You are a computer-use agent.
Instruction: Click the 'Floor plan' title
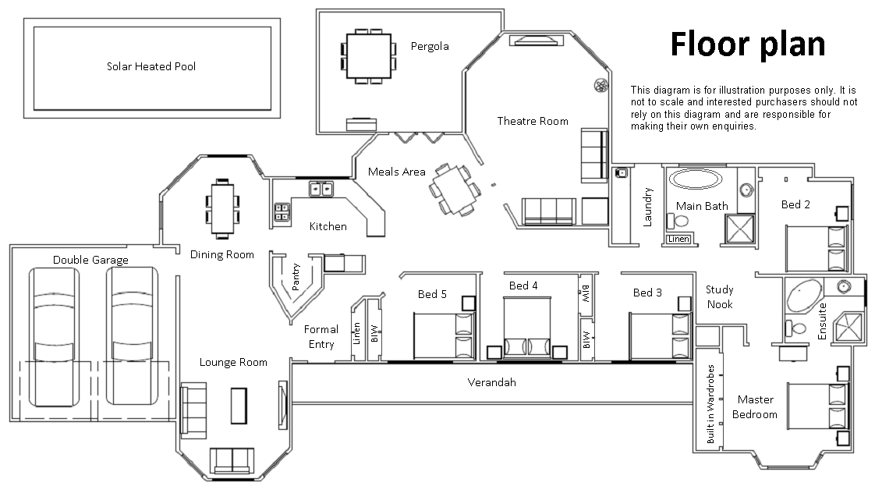(x=747, y=45)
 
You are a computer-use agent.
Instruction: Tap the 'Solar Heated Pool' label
(x=151, y=66)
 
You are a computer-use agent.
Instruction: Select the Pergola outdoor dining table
(x=365, y=56)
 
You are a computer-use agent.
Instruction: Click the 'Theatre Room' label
(x=533, y=121)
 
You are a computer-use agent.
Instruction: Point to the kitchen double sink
(x=320, y=188)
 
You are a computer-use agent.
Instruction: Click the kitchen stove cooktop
(x=282, y=211)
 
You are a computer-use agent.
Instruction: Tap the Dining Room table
(x=222, y=208)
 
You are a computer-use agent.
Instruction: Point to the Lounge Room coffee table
(x=238, y=405)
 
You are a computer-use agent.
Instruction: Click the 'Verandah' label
(x=491, y=382)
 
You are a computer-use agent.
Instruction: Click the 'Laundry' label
(x=647, y=207)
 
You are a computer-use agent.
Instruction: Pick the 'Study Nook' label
(x=719, y=297)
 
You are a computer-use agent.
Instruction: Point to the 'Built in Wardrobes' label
(x=710, y=404)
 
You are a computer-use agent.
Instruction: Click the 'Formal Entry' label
(x=321, y=337)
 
